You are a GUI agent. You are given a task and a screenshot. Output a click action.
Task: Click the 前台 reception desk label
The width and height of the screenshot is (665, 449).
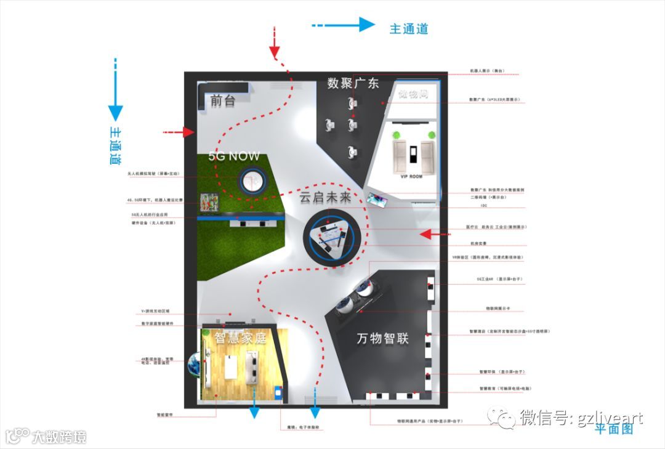coord(222,101)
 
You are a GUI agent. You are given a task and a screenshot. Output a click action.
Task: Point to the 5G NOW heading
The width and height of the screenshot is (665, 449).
coord(234,156)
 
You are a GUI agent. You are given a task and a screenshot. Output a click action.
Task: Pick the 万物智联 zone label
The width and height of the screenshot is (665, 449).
coord(382,339)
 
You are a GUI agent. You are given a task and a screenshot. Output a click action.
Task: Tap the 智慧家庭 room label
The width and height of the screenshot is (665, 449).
coord(240,338)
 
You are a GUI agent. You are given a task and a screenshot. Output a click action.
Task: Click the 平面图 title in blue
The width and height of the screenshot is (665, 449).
coord(613,429)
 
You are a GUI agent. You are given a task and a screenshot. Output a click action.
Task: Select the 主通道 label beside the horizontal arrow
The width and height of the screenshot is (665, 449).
coord(408,29)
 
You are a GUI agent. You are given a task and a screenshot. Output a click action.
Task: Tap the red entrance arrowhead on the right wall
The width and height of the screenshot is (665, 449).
coord(427,234)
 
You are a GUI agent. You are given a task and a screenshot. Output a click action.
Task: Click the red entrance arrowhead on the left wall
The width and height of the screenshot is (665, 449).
coord(188,132)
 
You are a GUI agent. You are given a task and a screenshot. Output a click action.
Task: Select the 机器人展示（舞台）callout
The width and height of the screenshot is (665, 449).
coord(486,71)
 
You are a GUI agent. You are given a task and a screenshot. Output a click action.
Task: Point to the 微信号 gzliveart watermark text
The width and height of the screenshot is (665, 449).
coord(581,419)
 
